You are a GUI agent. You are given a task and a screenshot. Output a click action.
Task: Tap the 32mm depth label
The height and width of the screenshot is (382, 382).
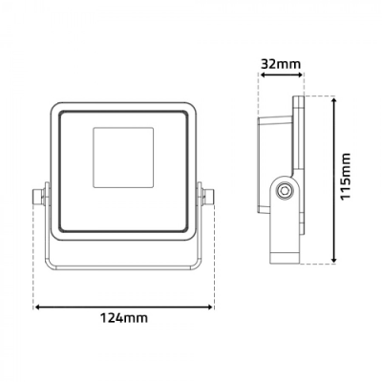click(x=282, y=64)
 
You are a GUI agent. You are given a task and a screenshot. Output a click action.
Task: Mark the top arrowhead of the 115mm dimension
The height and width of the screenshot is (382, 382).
click(x=332, y=100)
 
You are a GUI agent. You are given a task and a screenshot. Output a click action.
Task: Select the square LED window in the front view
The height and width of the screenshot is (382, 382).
click(x=122, y=156)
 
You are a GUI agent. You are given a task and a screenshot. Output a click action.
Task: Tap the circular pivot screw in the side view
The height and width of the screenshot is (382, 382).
click(x=284, y=192)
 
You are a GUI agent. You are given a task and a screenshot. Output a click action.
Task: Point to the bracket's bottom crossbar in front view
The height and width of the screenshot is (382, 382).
click(x=122, y=265)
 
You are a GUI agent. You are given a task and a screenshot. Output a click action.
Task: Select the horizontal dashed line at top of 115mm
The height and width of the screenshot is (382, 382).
click(x=320, y=95)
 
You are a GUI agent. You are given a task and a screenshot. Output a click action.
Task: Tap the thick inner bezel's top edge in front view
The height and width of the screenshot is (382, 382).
click(x=122, y=112)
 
